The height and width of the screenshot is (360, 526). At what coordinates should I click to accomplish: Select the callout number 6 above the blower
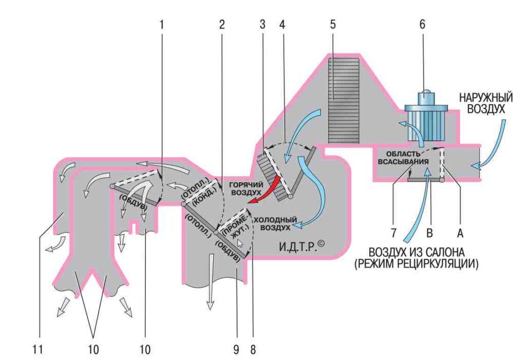tap(423, 24)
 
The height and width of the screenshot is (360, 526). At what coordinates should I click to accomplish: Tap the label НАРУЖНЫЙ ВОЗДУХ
tap(482, 103)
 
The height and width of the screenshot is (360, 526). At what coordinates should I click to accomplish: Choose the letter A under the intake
tap(460, 233)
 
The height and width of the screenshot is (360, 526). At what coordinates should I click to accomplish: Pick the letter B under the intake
tap(430, 233)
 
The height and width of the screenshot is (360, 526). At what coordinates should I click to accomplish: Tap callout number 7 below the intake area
tap(392, 233)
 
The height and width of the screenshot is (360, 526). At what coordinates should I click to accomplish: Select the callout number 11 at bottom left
tap(36, 350)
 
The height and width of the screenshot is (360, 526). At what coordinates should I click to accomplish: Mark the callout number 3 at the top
tap(262, 24)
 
